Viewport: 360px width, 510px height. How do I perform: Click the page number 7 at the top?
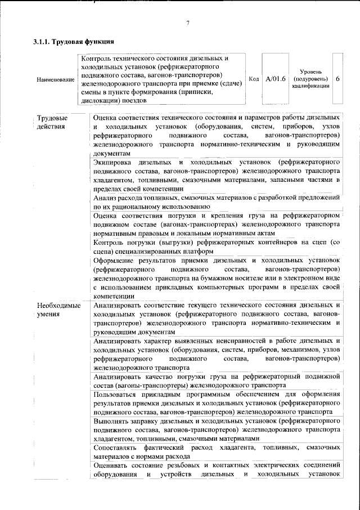click(188, 23)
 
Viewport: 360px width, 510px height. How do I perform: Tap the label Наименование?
click(55, 80)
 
